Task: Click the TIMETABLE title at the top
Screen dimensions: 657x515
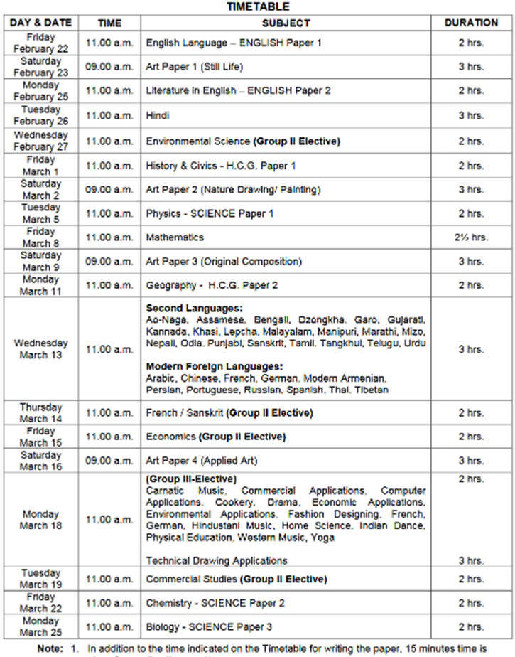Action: pos(257,6)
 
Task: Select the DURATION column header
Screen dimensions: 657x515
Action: pos(471,23)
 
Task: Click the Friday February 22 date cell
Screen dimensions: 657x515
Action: pos(40,42)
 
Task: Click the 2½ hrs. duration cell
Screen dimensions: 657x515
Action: pos(471,237)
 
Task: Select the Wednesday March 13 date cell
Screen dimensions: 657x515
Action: pos(40,349)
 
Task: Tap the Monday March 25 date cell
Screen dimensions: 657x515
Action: pos(40,626)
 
